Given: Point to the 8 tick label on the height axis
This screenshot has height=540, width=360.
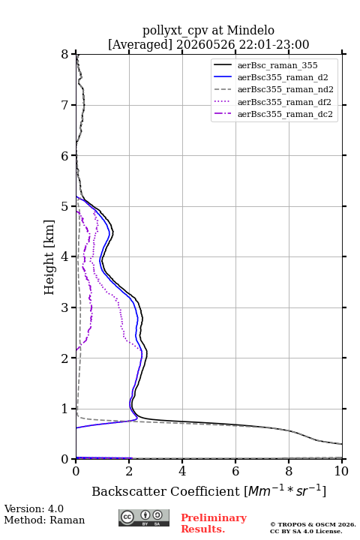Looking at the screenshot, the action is (x=65, y=54).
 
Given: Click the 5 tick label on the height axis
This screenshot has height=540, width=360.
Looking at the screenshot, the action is (x=65, y=206).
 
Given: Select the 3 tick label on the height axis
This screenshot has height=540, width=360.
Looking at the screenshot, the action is (x=65, y=307).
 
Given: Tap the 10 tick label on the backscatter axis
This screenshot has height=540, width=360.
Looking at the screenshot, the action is (x=341, y=471).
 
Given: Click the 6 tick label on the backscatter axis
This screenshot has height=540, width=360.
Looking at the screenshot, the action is (x=235, y=471).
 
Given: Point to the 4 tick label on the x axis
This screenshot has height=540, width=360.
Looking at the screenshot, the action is (x=182, y=471).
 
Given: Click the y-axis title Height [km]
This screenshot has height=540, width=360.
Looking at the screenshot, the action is (x=49, y=257).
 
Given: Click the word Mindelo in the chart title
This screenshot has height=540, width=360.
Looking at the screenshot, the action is (x=250, y=30).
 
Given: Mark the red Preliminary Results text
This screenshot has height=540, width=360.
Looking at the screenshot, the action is (x=214, y=523).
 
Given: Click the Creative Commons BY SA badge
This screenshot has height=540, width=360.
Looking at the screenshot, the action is (x=144, y=517).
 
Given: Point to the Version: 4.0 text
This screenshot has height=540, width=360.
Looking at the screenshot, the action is (x=34, y=508).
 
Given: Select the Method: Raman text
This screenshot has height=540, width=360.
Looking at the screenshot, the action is (x=44, y=520).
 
